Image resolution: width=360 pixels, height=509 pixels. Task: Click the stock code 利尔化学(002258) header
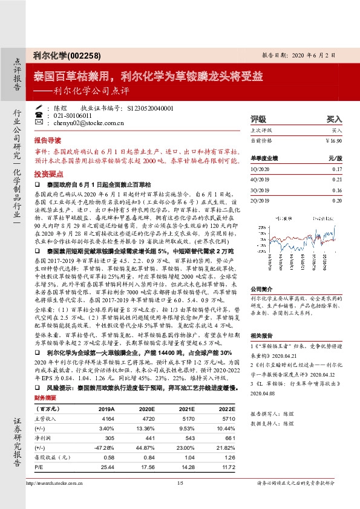(60, 54)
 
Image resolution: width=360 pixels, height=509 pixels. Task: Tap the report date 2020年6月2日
(303, 54)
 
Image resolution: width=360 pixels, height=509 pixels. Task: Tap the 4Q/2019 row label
(258, 179)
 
